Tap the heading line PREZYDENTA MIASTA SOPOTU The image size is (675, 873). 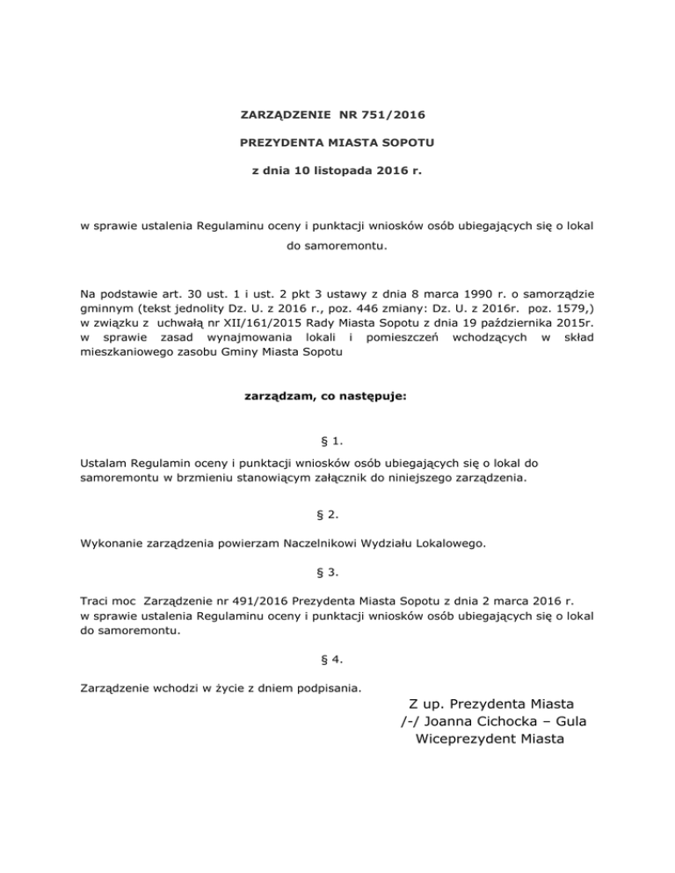[337, 140]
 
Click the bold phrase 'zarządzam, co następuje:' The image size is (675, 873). [337, 396]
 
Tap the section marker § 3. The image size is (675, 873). [337, 572]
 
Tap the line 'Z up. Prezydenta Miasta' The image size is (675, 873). [491, 703]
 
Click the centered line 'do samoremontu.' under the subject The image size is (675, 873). [337, 248]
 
